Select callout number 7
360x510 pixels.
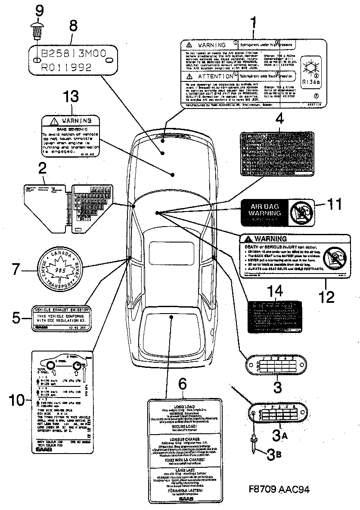[x=16, y=270]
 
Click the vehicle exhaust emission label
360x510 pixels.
[x=62, y=319]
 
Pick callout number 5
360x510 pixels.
[x=16, y=318]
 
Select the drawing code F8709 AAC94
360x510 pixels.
[x=279, y=490]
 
